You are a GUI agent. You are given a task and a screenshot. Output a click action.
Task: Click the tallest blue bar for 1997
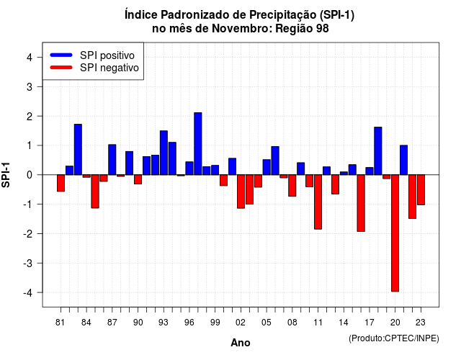pyautogui.click(x=198, y=144)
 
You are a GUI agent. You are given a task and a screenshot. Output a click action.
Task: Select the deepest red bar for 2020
pyautogui.click(x=395, y=233)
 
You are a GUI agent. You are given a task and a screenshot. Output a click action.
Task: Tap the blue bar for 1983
pyautogui.click(x=78, y=150)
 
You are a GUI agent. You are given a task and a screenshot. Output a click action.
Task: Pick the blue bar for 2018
pyautogui.click(x=377, y=151)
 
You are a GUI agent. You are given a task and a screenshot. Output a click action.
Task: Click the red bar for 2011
pyautogui.click(x=318, y=202)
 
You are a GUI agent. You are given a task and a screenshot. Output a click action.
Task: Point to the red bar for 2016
pyautogui.click(x=361, y=203)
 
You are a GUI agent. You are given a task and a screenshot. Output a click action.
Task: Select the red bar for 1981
pyautogui.click(x=61, y=183)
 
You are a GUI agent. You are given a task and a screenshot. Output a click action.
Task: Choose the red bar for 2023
pyautogui.click(x=421, y=190)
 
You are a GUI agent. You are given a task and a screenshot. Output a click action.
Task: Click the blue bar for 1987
pyautogui.click(x=112, y=160)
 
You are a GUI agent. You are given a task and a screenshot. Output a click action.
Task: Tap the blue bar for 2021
pyautogui.click(x=403, y=160)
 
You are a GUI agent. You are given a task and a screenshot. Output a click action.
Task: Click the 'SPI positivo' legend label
pyautogui.click(x=107, y=55)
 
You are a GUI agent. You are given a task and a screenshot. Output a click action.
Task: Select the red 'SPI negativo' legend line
pyautogui.click(x=61, y=68)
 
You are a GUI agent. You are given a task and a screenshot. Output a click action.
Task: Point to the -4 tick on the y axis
pyautogui.click(x=39, y=292)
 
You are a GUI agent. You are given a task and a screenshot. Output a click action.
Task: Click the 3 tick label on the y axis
pyautogui.click(x=30, y=86)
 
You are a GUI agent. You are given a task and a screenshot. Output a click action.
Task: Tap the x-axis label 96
pyautogui.click(x=189, y=323)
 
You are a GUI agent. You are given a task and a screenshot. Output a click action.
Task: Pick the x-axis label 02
pyautogui.click(x=241, y=323)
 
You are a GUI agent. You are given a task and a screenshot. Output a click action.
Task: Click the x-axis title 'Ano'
pyautogui.click(x=241, y=343)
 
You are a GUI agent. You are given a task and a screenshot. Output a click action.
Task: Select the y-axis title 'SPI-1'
pyautogui.click(x=6, y=175)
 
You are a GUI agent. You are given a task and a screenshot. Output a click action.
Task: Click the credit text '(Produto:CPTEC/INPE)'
pyautogui.click(x=394, y=338)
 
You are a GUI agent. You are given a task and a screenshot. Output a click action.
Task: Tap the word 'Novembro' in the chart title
pyautogui.click(x=242, y=29)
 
